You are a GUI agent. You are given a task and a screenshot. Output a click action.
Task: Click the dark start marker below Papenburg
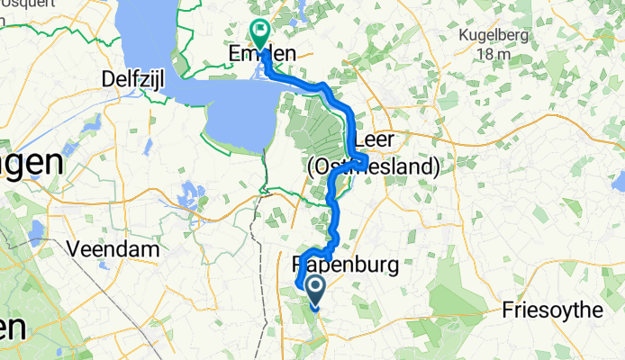click(x=317, y=291)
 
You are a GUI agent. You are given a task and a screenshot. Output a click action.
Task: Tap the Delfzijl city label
click(x=138, y=77)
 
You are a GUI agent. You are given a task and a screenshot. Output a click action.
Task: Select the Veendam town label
click(x=121, y=247)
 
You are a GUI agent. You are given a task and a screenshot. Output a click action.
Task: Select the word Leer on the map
click(x=376, y=142)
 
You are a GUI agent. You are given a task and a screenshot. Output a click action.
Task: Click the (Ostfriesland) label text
click(x=373, y=166)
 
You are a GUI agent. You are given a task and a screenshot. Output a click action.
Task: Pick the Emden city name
click(x=258, y=55)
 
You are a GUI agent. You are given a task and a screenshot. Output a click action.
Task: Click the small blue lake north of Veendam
click(x=190, y=193)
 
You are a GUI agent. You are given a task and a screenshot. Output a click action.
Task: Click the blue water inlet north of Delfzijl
click(x=149, y=36)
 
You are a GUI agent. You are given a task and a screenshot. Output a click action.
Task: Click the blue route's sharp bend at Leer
click(x=366, y=162)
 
